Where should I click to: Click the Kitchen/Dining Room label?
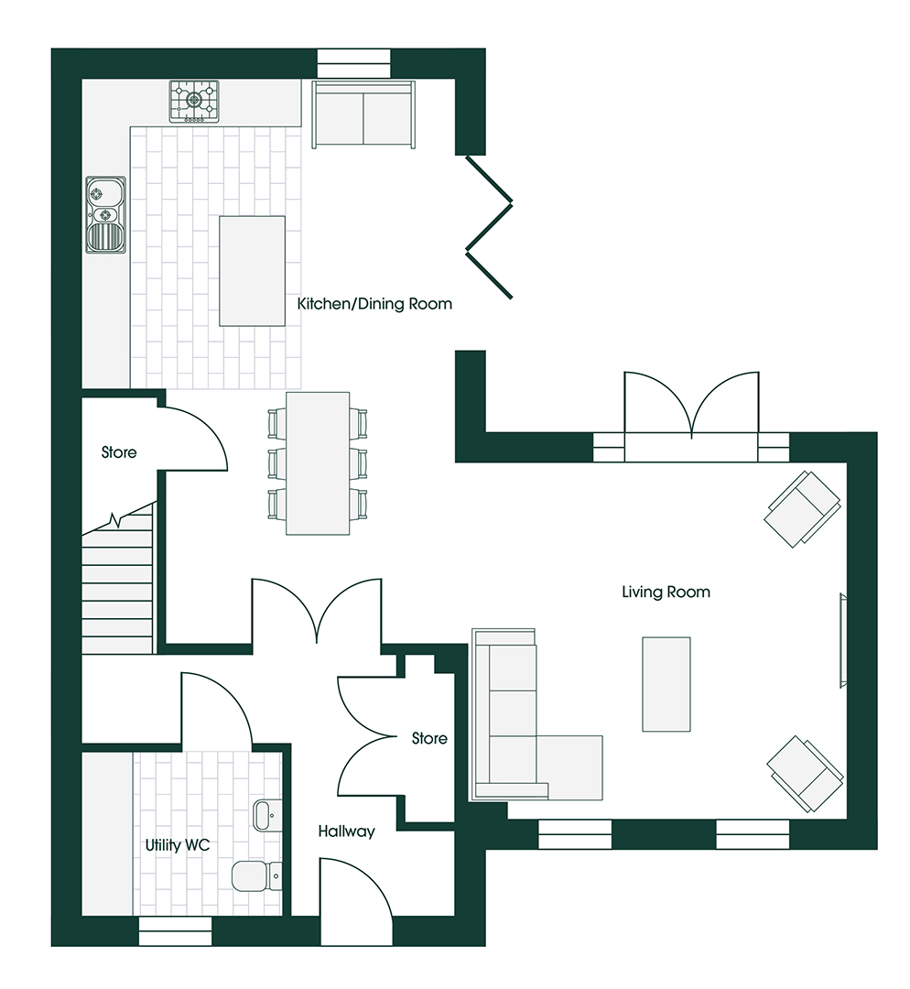point(374,304)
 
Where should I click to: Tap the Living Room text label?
point(666,592)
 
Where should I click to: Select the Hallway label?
point(346,831)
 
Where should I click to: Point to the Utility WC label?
point(178,845)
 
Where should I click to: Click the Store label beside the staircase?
point(119,452)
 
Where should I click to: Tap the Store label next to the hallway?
point(429,738)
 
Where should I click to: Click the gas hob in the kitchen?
point(194,101)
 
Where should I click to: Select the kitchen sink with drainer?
point(105,214)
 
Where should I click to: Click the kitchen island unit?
point(252,270)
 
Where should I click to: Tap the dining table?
point(318,463)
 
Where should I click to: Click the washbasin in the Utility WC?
point(267,816)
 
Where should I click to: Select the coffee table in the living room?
point(666,684)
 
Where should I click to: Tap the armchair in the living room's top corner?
point(802,509)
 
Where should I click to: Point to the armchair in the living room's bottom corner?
point(806,774)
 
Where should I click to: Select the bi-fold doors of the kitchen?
point(489,227)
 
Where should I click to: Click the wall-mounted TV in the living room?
point(842,640)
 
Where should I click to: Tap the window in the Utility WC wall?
point(175,931)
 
